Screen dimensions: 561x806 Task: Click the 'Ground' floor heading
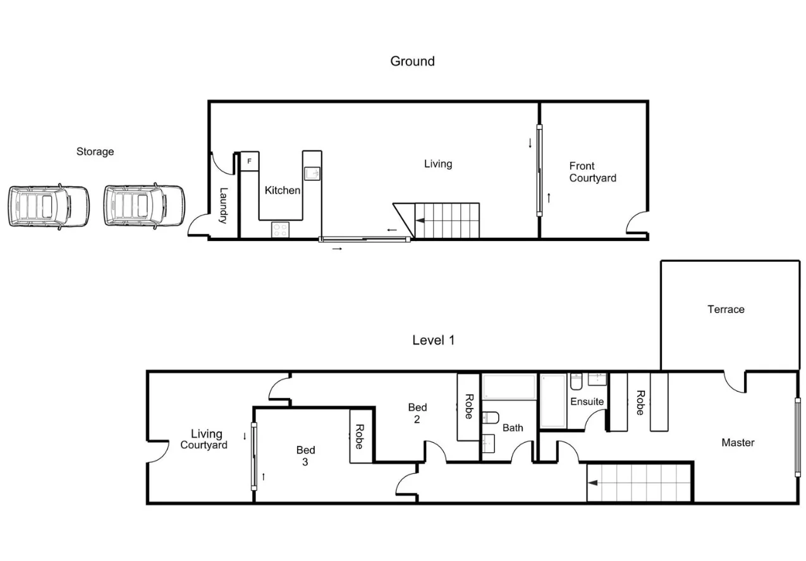point(412,61)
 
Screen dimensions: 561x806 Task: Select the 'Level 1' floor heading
point(433,340)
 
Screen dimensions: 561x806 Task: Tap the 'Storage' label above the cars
point(95,152)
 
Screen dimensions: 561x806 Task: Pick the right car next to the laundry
point(143,206)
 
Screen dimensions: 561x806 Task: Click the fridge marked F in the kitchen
point(250,162)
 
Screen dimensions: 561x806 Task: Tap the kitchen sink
point(312,173)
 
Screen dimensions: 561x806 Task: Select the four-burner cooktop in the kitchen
point(279,230)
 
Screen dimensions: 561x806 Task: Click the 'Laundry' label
point(223,206)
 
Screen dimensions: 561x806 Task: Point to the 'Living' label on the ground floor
point(437,164)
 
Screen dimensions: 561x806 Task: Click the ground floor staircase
point(446,220)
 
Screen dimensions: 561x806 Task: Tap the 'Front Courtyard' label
point(592,172)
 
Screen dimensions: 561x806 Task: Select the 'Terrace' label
point(726,309)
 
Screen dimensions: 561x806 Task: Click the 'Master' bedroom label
point(738,443)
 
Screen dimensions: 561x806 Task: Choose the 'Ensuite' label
point(587,402)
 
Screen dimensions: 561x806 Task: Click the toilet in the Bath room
point(491,417)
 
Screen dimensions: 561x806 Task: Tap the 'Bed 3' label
point(306,456)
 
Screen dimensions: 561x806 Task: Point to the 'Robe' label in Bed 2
point(468,407)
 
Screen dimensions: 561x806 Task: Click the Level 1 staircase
point(638,483)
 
